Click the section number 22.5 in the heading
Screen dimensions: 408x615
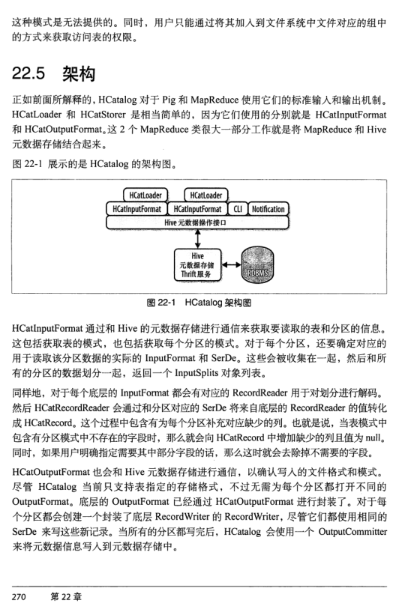(x=28, y=73)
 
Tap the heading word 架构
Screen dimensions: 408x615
(x=79, y=73)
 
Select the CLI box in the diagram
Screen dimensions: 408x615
(x=238, y=209)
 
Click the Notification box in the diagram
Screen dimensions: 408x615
(x=268, y=209)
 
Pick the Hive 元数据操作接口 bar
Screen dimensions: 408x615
(x=197, y=222)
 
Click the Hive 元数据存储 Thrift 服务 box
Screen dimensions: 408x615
(x=197, y=265)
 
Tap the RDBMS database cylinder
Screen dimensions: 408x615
(x=257, y=264)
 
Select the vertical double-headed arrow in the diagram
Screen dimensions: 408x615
(x=197, y=239)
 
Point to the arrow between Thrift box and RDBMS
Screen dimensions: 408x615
(x=232, y=264)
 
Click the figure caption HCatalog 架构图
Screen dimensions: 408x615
(x=218, y=303)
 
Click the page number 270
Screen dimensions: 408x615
(x=19, y=596)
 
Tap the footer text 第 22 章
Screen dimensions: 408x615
(x=66, y=596)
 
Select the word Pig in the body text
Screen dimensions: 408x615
(x=169, y=100)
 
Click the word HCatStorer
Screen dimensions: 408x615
(x=103, y=115)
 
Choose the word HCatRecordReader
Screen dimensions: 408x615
(x=72, y=408)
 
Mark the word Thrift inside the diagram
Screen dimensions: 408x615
(x=188, y=274)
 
